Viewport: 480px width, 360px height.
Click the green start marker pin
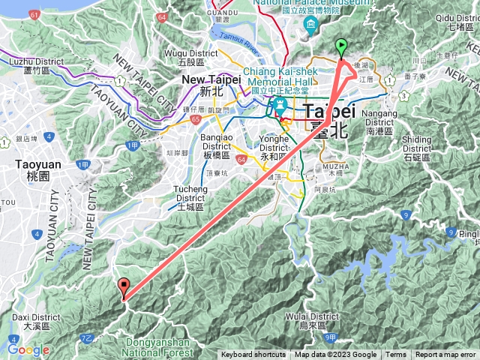tap(341, 47)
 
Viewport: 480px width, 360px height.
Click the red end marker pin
tap(124, 287)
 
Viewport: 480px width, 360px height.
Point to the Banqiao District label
tap(221, 142)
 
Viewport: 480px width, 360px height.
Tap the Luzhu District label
tap(26, 65)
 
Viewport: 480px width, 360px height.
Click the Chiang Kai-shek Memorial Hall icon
tap(279, 104)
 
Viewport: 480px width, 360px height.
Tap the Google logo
tap(28, 350)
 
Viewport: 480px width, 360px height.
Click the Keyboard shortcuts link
tap(253, 355)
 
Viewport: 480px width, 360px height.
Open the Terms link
tap(396, 355)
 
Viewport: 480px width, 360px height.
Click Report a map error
tap(445, 355)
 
